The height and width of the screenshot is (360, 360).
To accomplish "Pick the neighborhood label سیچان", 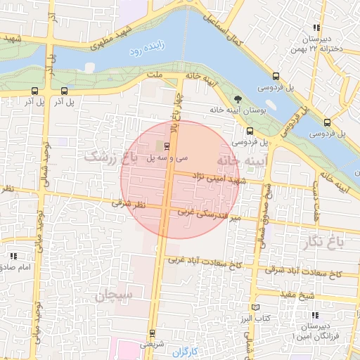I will (x=111, y=297).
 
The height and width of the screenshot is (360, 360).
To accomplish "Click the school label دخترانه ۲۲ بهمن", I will (x=321, y=49).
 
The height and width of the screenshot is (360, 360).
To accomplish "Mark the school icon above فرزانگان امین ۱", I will (x=316, y=315).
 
